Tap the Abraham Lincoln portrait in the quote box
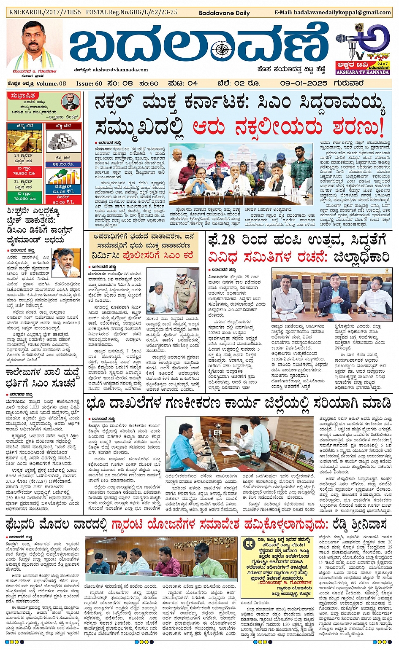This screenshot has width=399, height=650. [70, 102]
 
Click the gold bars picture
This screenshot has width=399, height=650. [24, 141]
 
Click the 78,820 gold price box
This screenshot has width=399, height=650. [24, 171]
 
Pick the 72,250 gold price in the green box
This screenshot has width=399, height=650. [24, 196]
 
